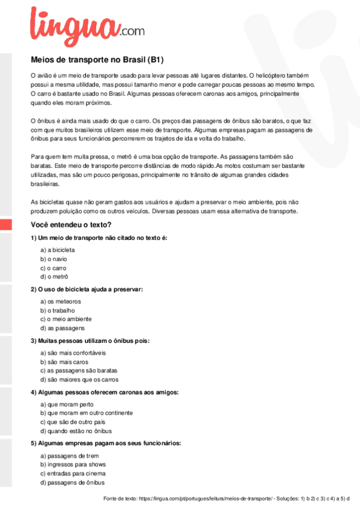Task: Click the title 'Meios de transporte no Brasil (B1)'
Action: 97,60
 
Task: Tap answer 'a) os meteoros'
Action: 60,301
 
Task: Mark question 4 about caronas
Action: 104,393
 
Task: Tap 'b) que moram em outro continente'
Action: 86,413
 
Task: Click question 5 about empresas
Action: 106,444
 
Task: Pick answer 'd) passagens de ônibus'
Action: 72,482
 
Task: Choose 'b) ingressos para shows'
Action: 73,464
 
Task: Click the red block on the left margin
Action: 5,224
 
